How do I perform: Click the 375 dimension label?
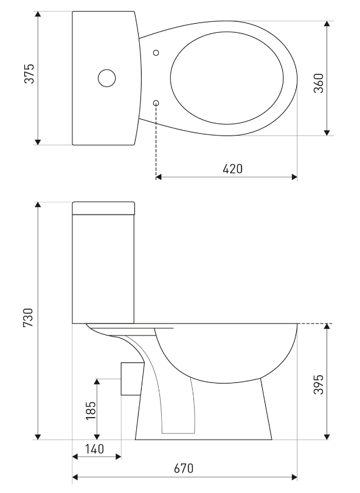(x=29, y=74)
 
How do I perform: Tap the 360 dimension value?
(x=319, y=83)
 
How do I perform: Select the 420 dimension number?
(x=233, y=169)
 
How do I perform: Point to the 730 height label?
(x=28, y=317)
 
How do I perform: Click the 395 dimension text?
(x=319, y=384)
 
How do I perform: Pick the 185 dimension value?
(x=91, y=410)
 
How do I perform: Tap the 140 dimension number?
(x=94, y=449)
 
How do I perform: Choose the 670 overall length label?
(x=184, y=469)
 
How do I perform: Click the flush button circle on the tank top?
(x=106, y=78)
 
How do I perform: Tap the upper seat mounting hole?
(x=156, y=53)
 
